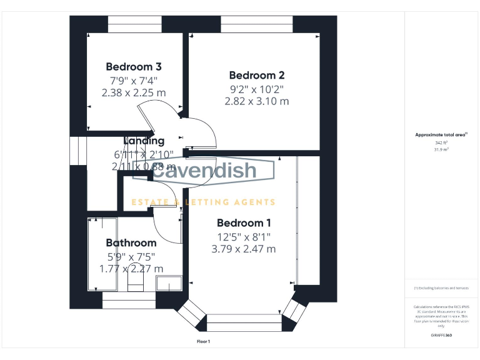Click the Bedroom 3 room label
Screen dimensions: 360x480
[134, 67]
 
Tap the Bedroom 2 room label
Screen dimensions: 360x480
[257, 75]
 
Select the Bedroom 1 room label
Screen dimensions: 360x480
[244, 223]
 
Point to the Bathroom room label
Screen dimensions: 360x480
[131, 243]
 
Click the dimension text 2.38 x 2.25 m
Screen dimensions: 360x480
[134, 92]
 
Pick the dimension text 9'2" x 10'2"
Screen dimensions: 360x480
[257, 89]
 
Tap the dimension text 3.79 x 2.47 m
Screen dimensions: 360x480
[244, 249]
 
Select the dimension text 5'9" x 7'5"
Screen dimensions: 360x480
[131, 256]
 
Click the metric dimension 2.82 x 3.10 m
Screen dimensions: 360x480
[257, 101]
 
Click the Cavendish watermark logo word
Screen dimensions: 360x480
[204, 171]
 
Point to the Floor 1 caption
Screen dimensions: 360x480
[203, 341]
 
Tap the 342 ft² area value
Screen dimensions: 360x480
[441, 142]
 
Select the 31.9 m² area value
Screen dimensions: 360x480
[441, 149]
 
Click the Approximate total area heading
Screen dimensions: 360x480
[441, 134]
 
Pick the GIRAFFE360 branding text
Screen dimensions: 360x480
[441, 336]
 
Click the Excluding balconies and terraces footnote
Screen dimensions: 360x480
[441, 288]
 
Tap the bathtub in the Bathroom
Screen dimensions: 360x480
[101, 253]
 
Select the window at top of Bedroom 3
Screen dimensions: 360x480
[134, 24]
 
